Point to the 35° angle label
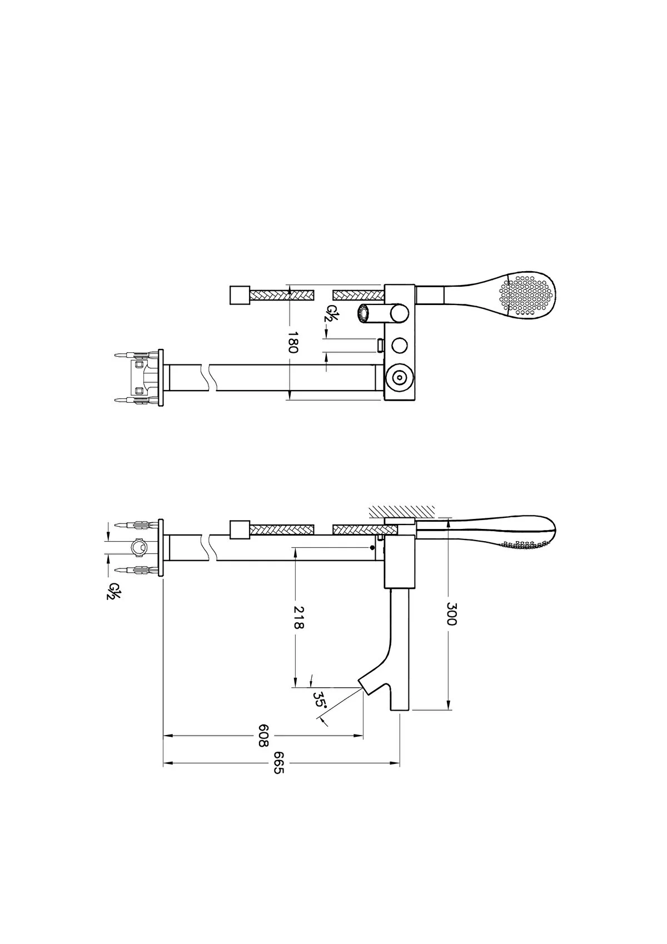[x=319, y=700]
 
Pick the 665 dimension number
[x=278, y=762]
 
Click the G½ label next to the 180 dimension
[x=327, y=313]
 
